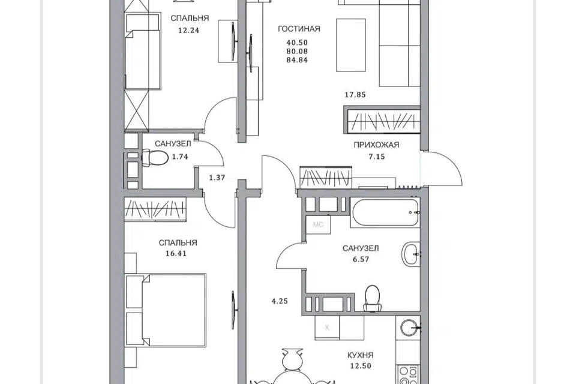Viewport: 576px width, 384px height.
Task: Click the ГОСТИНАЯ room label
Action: (299, 29)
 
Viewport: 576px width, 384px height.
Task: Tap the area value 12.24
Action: (189, 31)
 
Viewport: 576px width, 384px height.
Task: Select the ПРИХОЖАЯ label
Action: (376, 145)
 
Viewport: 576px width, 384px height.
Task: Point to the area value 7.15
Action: (377, 157)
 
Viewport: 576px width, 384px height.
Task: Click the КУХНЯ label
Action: (361, 355)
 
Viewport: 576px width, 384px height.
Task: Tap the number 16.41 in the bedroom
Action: (176, 254)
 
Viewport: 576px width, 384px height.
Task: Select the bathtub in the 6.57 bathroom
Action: (385, 212)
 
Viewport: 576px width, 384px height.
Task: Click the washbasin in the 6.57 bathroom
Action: (411, 254)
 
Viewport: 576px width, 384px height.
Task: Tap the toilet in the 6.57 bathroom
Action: (372, 298)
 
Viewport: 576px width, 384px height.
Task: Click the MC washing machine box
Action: (318, 224)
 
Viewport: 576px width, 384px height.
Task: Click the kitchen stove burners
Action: (409, 374)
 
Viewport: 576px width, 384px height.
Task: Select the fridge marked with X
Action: (327, 328)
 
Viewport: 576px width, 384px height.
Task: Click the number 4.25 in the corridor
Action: (280, 301)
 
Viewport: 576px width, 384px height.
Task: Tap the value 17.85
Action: (355, 95)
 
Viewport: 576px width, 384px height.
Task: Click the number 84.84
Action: (297, 60)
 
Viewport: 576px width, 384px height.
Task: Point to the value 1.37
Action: (217, 178)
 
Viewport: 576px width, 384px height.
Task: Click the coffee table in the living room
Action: (351, 45)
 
